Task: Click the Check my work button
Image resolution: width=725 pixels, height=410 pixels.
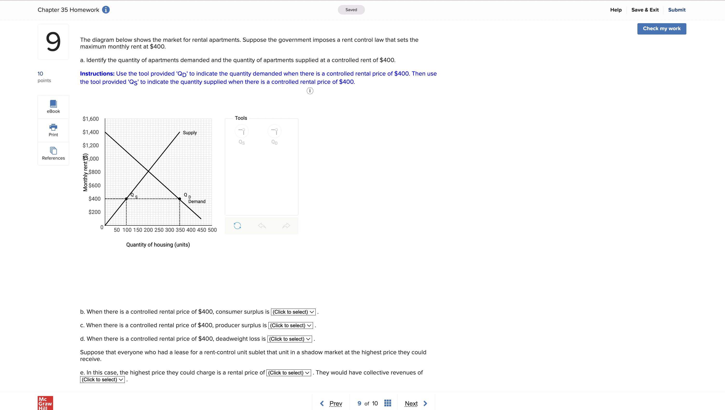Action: click(x=661, y=29)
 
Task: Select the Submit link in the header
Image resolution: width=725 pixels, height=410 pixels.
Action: click(x=676, y=10)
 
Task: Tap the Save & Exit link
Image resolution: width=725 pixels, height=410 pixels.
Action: click(x=645, y=10)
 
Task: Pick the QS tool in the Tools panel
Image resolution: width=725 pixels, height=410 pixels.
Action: click(x=242, y=131)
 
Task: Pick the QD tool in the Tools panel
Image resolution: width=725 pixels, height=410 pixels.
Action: click(x=274, y=131)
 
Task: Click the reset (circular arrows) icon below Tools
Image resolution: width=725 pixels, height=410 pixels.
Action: click(x=237, y=226)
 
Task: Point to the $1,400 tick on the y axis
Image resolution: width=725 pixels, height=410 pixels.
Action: click(x=91, y=132)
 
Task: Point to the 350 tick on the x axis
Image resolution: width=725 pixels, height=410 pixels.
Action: click(x=180, y=230)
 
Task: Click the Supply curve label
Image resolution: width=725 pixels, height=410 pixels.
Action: click(x=190, y=133)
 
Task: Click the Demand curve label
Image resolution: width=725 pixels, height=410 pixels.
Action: click(x=197, y=201)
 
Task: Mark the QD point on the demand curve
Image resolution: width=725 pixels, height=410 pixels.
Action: click(x=180, y=199)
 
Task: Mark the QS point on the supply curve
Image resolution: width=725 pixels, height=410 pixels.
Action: click(x=126, y=199)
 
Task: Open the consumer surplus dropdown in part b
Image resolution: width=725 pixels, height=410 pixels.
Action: click(x=293, y=312)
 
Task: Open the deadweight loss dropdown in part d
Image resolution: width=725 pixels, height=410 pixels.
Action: click(x=290, y=339)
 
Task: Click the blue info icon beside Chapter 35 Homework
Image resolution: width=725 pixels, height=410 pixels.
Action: click(x=106, y=10)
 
